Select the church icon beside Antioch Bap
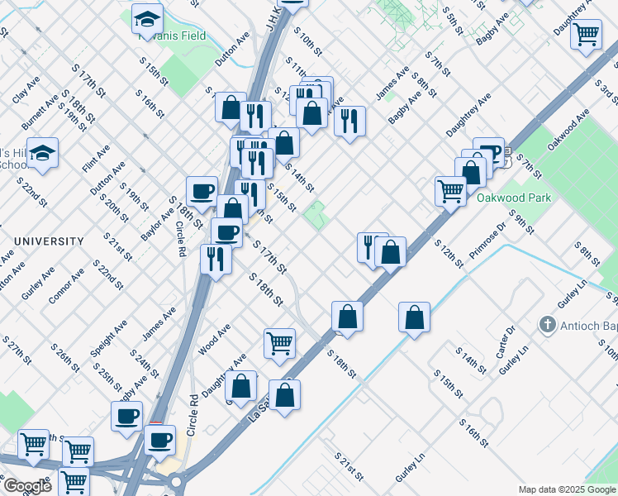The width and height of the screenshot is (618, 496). click(546, 324)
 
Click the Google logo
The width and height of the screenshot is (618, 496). click(26, 486)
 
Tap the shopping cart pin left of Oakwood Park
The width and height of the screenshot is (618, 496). click(450, 191)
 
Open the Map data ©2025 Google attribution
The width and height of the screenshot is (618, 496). click(566, 489)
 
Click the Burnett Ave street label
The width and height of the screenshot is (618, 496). click(40, 112)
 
